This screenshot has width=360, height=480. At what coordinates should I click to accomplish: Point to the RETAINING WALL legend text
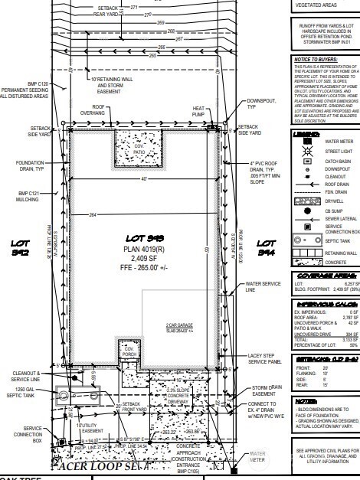point(340,250)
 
